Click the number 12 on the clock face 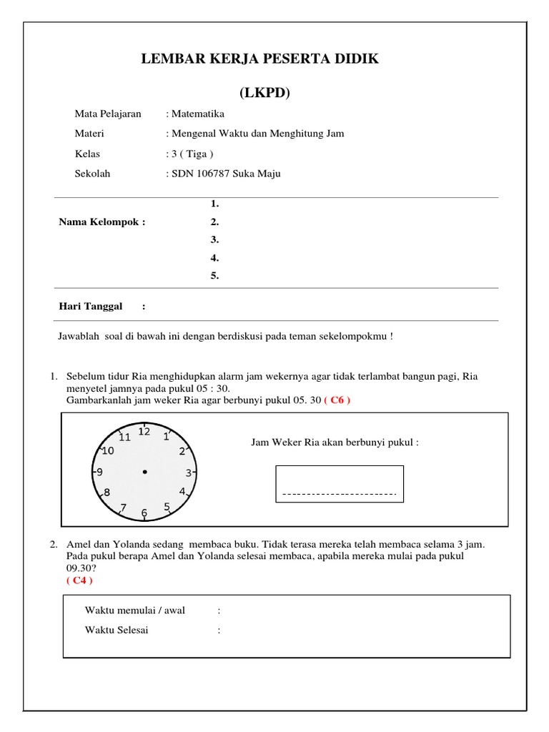[144, 432]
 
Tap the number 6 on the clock [144, 513]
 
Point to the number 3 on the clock [188, 473]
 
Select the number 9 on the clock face [99, 472]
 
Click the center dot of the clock [144, 472]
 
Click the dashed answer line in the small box [340, 494]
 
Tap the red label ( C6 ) [337, 400]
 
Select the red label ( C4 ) [79, 580]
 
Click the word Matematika [197, 114]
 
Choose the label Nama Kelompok [102, 222]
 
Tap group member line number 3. [214, 239]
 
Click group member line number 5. [214, 276]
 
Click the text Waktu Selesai [117, 630]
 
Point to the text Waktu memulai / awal [135, 610]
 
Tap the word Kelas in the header [87, 154]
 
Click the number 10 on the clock [108, 450]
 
